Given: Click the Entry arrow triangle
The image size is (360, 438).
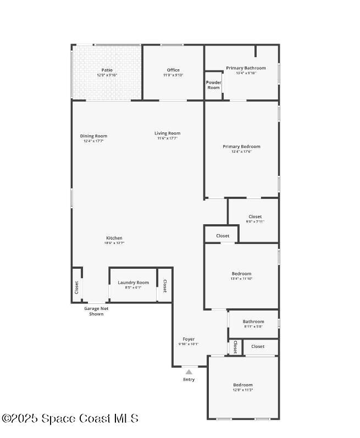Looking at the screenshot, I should [189, 372].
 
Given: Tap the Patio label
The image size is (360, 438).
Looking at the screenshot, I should [107, 70].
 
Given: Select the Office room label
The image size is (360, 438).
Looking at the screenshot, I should [173, 70].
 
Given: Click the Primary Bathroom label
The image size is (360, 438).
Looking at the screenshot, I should [246, 68].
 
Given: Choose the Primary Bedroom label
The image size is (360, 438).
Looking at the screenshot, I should [241, 147].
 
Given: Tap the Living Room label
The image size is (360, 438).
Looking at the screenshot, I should [167, 134].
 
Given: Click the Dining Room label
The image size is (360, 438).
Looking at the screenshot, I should [93, 136].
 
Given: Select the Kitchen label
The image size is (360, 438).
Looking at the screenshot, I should [114, 239].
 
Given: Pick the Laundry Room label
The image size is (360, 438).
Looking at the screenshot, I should [133, 282].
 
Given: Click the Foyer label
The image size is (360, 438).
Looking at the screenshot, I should [189, 339].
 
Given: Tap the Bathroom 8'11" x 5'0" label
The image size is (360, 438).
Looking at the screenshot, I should [253, 321].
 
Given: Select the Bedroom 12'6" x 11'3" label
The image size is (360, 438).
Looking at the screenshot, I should [242, 385].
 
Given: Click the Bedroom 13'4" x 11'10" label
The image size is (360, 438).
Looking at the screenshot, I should [241, 274].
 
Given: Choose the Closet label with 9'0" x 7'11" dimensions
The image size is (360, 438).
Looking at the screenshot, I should [255, 217].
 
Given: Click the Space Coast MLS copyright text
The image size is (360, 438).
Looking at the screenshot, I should [70, 419].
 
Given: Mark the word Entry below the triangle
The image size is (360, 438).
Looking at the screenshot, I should [189, 380].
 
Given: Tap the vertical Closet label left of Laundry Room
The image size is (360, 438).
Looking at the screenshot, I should [76, 287].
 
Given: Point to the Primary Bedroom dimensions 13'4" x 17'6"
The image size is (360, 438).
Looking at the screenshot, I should [241, 152].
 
